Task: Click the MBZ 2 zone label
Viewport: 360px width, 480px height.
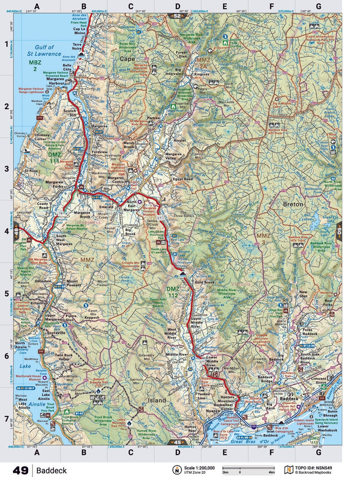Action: click(x=36, y=65)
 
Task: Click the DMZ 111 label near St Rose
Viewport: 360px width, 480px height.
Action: click(x=55, y=158)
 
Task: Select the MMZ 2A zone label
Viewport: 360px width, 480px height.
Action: click(x=202, y=60)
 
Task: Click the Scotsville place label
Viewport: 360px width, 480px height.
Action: click(x=58, y=331)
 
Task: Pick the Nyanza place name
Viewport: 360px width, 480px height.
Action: click(x=213, y=411)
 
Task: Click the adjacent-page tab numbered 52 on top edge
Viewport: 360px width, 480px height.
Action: click(x=178, y=17)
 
